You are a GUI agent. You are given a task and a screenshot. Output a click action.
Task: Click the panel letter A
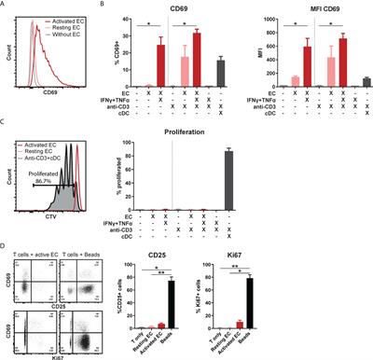[7, 6]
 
